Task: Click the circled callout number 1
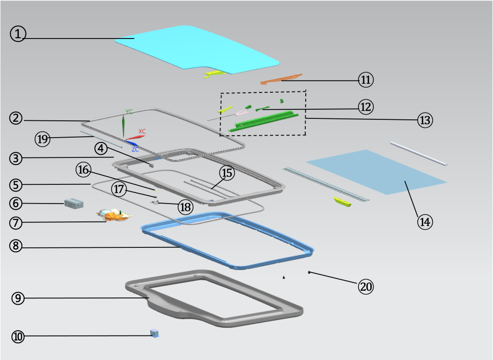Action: (18, 34)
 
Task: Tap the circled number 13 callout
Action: (425, 120)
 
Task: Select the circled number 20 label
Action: (366, 287)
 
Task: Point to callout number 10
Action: (18, 336)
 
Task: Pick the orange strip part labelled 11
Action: (281, 79)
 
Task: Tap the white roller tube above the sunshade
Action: (418, 154)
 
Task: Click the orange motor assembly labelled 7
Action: (114, 215)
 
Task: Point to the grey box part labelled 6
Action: (74, 204)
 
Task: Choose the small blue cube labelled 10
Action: (155, 333)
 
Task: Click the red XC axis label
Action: (142, 131)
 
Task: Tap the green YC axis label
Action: (129, 112)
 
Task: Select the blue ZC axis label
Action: (135, 149)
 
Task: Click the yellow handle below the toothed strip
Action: (342, 202)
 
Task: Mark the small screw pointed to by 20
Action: (309, 272)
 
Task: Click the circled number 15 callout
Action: (227, 173)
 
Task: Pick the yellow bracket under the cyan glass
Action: (215, 74)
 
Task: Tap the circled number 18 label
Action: (185, 207)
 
